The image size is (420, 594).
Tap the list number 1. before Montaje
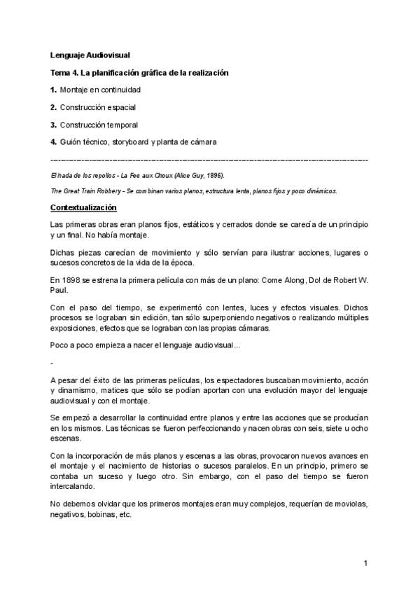pyautogui.click(x=54, y=90)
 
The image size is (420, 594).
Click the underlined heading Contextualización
pyautogui.click(x=83, y=208)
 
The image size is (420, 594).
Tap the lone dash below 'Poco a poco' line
pyautogui.click(x=52, y=364)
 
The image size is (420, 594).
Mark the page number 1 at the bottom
pyautogui.click(x=365, y=562)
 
